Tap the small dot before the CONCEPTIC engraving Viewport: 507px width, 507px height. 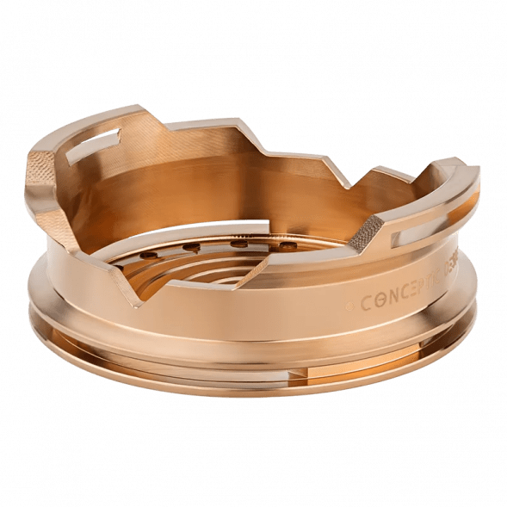[349, 306]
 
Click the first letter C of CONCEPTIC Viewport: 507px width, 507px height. [366, 304]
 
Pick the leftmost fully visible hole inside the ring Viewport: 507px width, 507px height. [148, 256]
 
